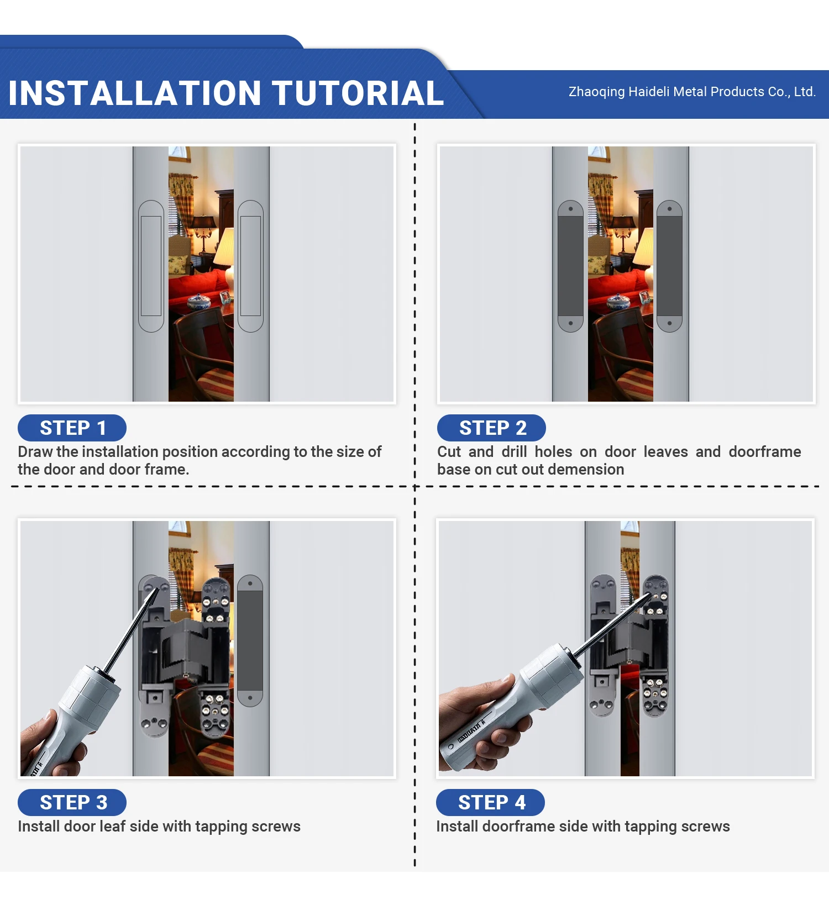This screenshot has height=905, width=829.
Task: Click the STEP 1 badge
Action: coord(72,428)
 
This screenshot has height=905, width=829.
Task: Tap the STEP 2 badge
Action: coord(491,428)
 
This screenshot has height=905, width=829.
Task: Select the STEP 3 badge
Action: coord(72,803)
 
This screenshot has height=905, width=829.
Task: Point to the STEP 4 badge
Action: coord(490,803)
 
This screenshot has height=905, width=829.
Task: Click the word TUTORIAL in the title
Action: coord(358,93)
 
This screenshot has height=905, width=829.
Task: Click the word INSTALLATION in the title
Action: coord(135,93)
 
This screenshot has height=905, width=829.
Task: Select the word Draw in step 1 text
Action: coord(35,452)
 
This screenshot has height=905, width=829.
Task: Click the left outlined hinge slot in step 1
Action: coord(151,266)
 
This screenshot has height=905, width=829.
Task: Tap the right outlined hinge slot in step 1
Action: coord(250,266)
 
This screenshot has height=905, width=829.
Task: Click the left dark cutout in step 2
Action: coord(571,266)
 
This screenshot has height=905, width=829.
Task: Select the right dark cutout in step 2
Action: coord(669,266)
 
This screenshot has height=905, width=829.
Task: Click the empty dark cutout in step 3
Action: coord(250,640)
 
